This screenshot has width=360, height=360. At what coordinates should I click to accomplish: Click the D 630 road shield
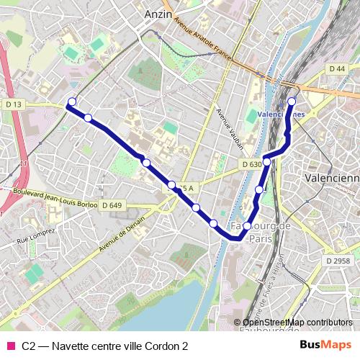coord(251,165)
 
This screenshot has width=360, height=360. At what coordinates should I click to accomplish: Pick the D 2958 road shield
coord(337,260)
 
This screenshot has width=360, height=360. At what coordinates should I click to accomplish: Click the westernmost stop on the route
coord(71,102)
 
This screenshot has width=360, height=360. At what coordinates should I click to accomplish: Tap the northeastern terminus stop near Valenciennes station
coord(292,101)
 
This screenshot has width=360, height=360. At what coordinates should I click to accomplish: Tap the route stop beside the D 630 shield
coord(266,162)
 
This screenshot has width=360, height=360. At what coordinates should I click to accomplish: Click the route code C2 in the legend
coord(29,346)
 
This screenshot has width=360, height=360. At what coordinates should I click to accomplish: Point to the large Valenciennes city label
coord(332,178)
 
